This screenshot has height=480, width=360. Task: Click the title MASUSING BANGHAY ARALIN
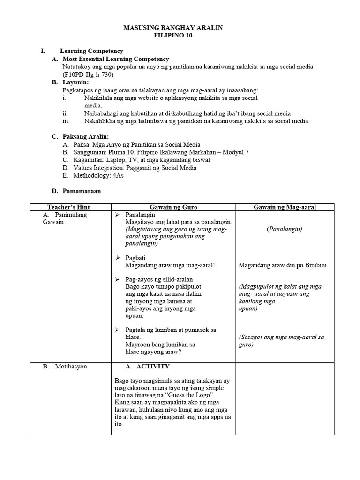click(x=172, y=28)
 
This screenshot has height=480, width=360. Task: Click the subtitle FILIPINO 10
click(x=172, y=36)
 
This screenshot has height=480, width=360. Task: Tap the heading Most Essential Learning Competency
click(x=116, y=59)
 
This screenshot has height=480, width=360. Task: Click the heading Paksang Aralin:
click(x=86, y=136)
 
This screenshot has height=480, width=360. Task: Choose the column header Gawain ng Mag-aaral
click(x=285, y=207)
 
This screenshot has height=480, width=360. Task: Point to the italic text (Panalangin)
click(x=285, y=229)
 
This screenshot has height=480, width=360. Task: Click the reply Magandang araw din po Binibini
click(x=283, y=265)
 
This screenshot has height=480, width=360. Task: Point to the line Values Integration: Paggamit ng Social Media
click(x=135, y=168)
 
